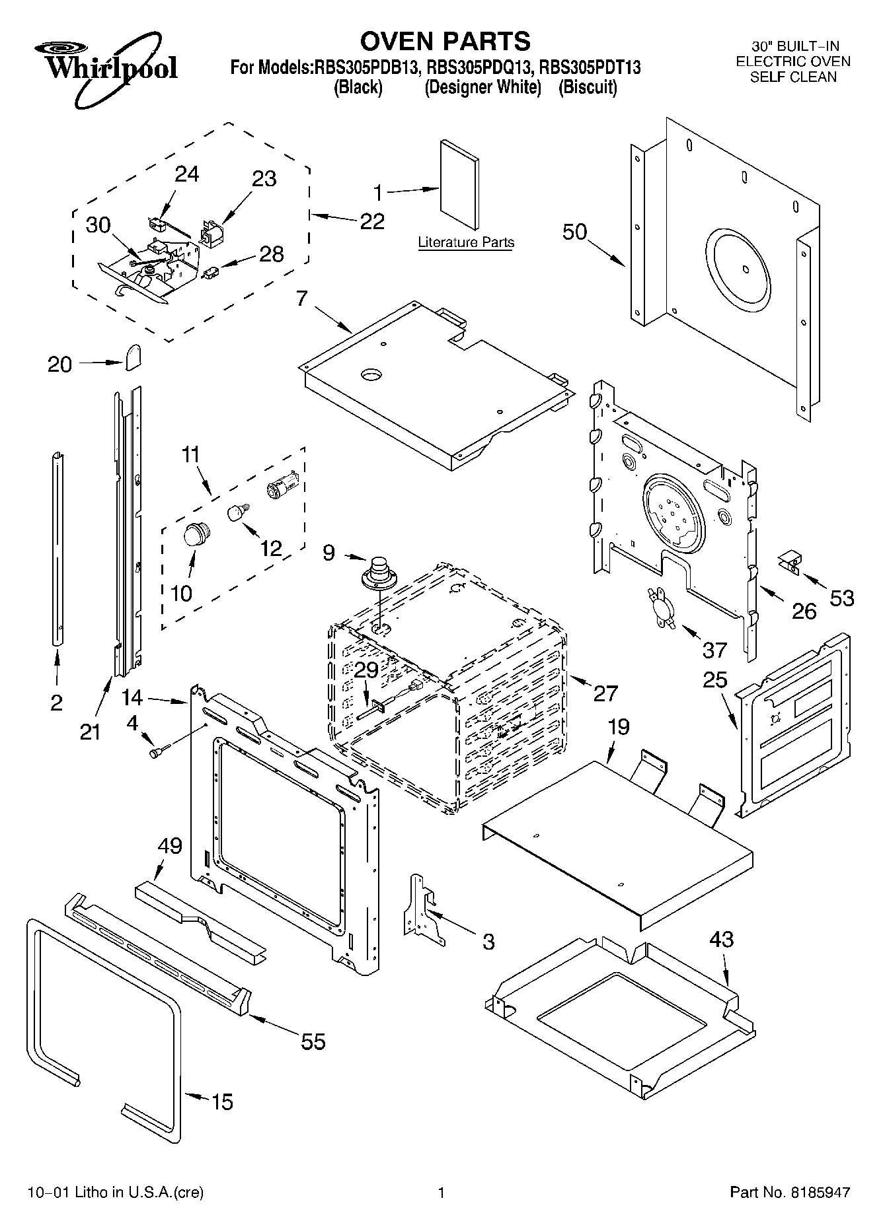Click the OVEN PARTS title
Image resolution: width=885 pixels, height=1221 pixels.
coord(445,41)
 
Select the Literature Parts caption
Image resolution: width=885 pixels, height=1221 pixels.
coord(466,242)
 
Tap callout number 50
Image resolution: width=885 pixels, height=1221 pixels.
coord(574,232)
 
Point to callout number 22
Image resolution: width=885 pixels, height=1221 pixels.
coord(372,221)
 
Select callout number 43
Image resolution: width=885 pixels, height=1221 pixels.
coord(722,939)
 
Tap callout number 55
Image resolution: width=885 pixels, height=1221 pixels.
coord(313,1041)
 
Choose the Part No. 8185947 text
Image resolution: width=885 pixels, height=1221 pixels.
coord(790,1193)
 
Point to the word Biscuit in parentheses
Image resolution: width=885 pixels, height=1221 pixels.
coord(588,87)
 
